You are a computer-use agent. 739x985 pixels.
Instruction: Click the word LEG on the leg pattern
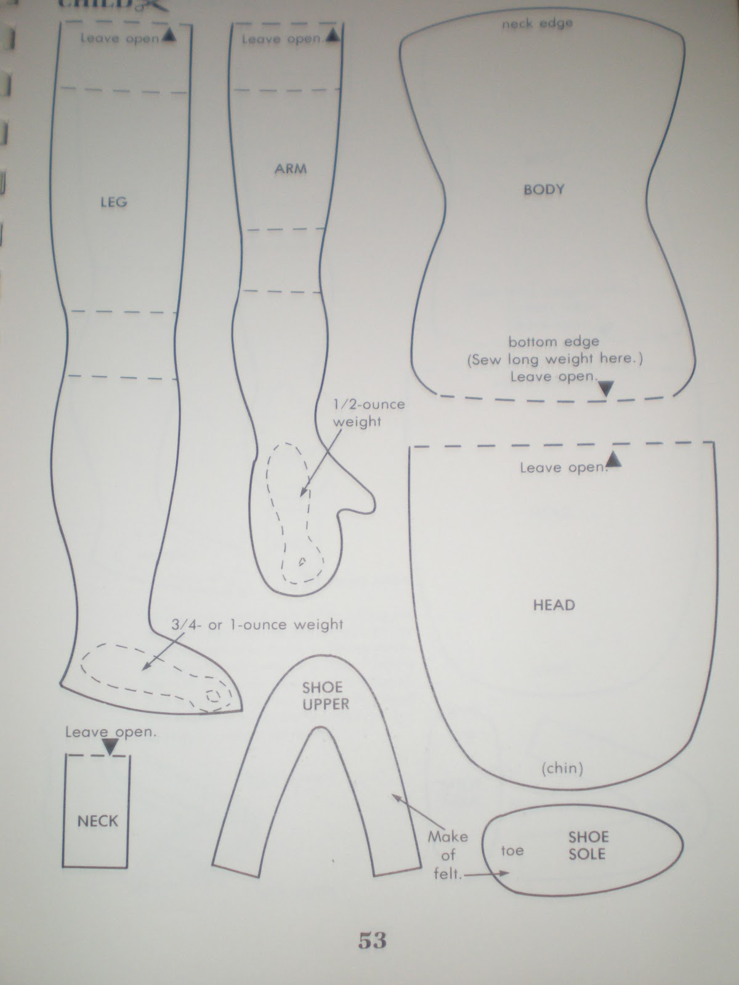click(114, 202)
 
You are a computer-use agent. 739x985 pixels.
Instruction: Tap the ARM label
click(291, 169)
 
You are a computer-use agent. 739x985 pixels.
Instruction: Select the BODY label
click(544, 190)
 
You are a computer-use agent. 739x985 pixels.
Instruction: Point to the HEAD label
click(554, 605)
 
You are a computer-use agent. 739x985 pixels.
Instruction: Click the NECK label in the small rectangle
click(98, 821)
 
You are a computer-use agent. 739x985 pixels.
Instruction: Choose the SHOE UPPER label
click(325, 696)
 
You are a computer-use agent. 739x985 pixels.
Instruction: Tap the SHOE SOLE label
click(588, 845)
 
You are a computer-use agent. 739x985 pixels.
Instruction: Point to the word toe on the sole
click(512, 850)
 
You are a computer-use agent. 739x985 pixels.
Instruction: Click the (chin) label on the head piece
click(562, 768)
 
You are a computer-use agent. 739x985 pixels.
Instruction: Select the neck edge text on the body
click(537, 23)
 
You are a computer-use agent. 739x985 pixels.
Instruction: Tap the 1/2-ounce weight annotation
click(369, 413)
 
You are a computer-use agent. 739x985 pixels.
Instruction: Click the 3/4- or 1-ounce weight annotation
click(257, 624)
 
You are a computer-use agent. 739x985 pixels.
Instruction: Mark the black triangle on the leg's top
click(169, 36)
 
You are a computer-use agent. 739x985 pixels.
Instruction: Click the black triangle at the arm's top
click(333, 36)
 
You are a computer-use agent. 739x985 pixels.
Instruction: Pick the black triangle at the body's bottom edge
click(606, 388)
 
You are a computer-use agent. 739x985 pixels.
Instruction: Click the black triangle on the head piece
click(614, 459)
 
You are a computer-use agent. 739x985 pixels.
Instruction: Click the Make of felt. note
click(447, 855)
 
